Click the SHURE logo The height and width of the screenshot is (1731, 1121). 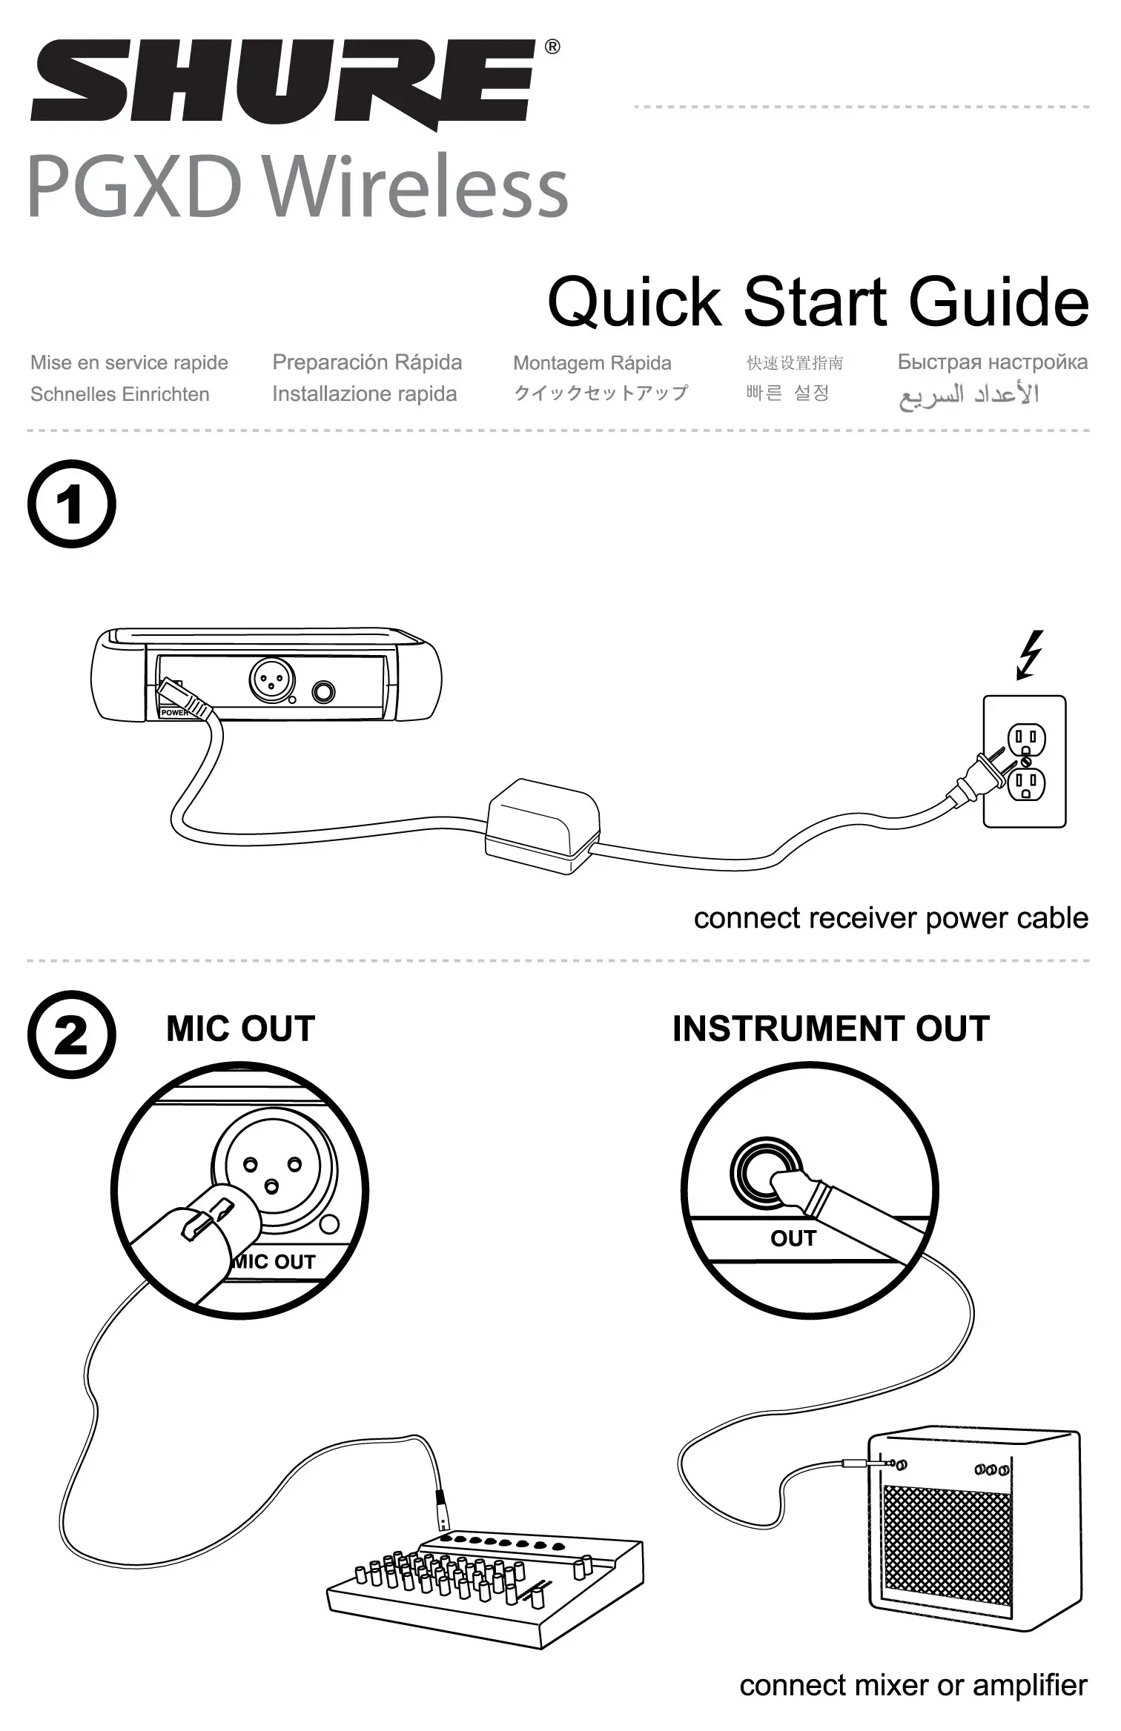(x=282, y=82)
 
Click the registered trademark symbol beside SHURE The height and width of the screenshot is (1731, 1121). (x=552, y=47)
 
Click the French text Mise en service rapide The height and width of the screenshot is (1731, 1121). (x=129, y=363)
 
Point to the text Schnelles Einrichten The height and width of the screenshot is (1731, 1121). (x=119, y=394)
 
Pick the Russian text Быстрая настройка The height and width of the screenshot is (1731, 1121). (x=992, y=362)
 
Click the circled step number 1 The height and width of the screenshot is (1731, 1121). (x=71, y=505)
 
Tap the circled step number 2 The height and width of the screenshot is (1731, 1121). (x=71, y=1035)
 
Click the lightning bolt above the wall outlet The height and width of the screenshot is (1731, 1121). (x=1030, y=654)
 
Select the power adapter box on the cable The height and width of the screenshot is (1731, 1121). (x=543, y=825)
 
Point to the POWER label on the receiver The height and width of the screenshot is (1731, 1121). (x=175, y=712)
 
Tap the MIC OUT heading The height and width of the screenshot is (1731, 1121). (x=240, y=1029)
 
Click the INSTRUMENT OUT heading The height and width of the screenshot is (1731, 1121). (x=830, y=1029)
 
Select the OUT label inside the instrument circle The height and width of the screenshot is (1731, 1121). (x=793, y=1238)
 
